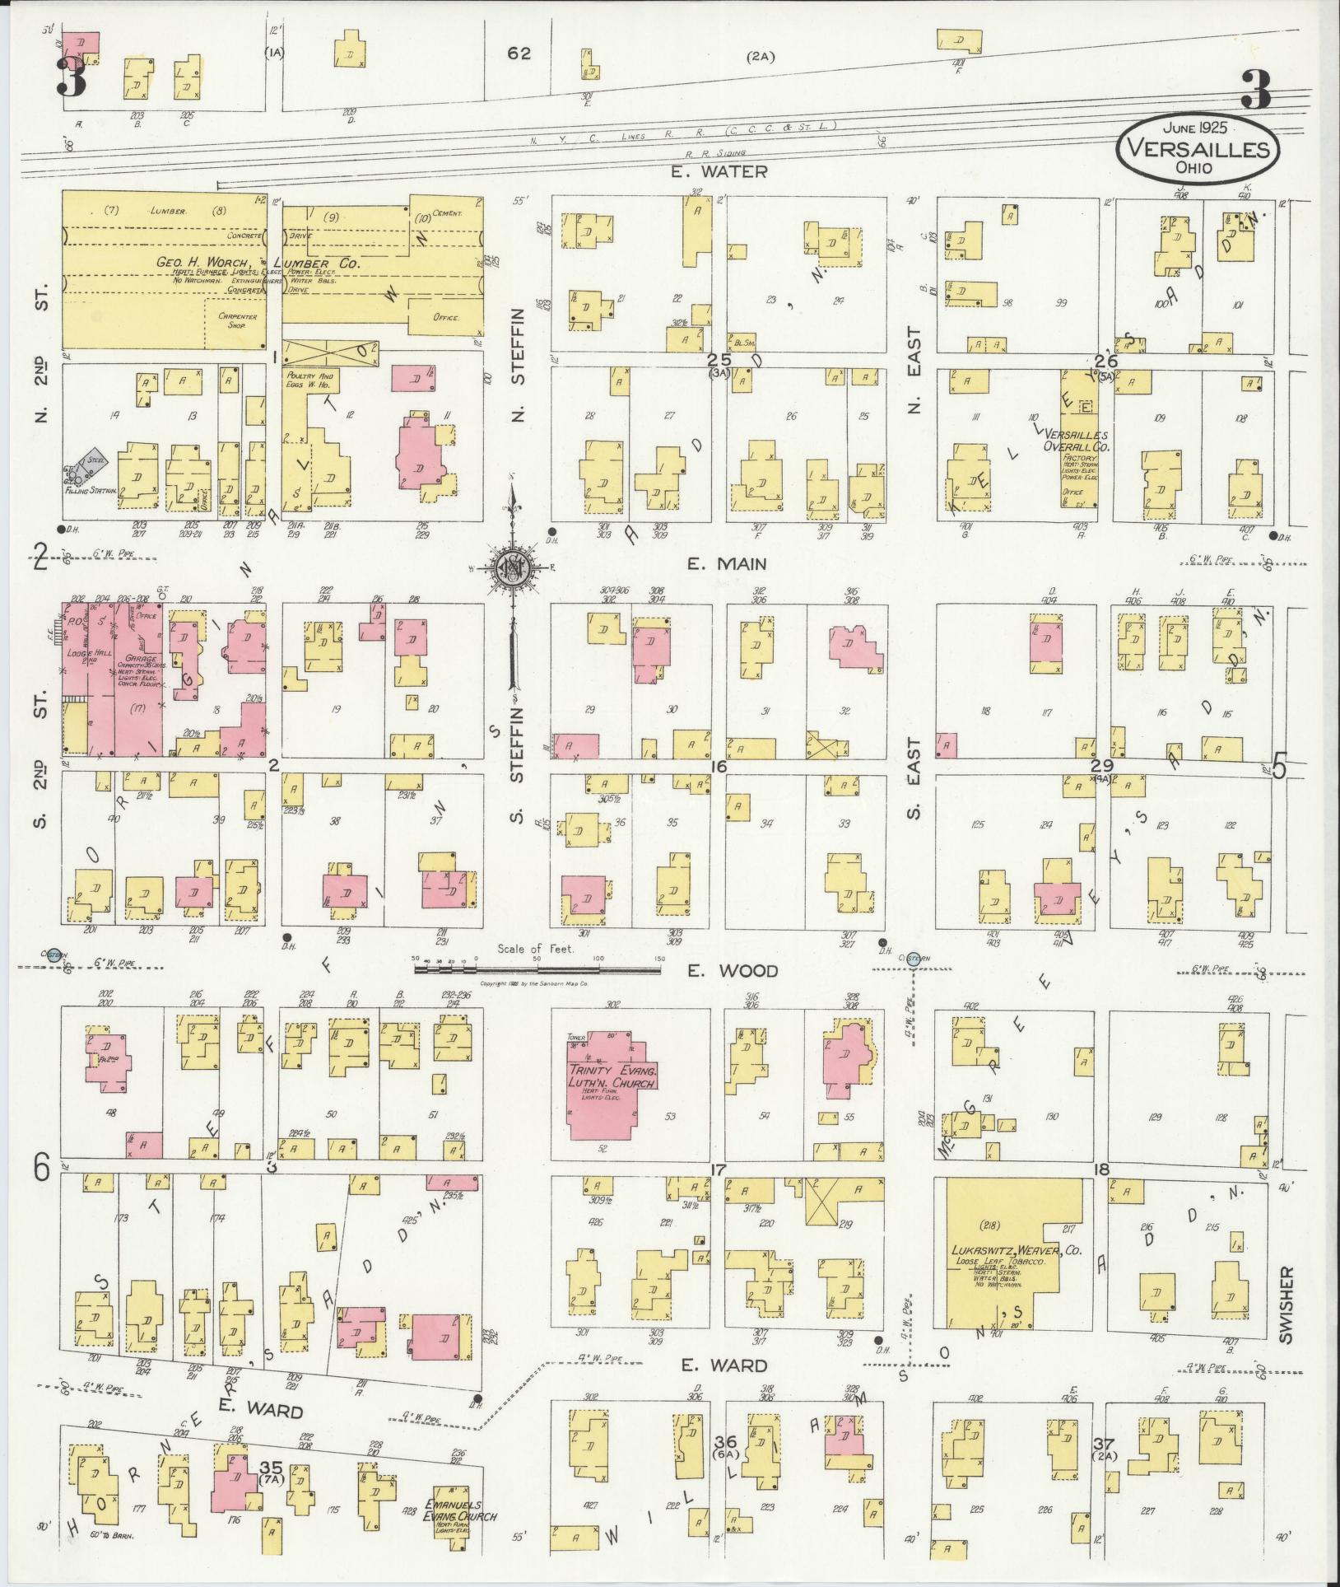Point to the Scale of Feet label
536,949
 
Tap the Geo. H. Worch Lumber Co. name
256,263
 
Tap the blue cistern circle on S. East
914,957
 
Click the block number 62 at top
519,54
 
